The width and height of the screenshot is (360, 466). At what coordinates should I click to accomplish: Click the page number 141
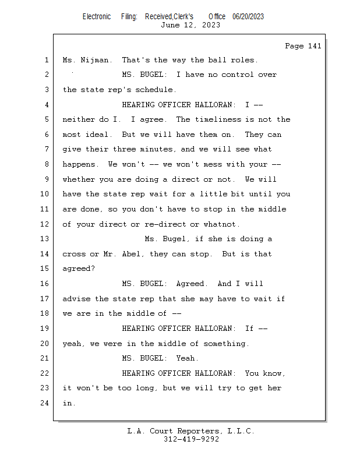[315, 46]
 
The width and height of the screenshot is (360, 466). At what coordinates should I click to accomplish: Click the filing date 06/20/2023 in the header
[248, 17]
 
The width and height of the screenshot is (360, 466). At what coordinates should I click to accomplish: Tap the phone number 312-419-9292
[191, 439]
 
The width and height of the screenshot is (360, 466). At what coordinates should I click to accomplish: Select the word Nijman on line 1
[94, 60]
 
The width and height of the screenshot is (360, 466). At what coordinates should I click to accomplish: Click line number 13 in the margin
[44, 239]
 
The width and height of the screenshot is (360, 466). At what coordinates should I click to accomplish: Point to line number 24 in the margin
[44, 403]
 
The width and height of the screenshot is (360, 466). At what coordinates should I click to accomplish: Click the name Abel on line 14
[131, 254]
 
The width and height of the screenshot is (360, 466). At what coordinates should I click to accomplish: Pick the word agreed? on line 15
[79, 269]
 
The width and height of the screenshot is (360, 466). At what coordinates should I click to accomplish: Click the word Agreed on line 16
[190, 284]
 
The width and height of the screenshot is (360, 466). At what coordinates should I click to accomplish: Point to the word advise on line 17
[76, 299]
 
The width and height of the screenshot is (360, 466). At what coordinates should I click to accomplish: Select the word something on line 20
[224, 344]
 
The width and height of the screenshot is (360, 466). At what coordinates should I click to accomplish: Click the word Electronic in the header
[97, 17]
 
